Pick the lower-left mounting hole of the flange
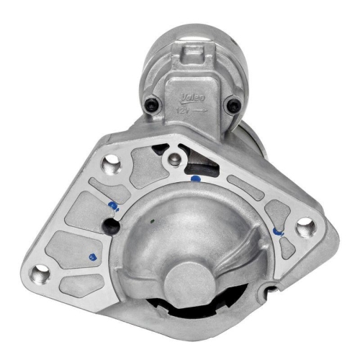tap(42, 273)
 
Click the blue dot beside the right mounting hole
tap(277, 232)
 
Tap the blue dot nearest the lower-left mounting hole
tap(92, 256)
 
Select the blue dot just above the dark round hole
tap(112, 207)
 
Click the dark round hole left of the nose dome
tap(113, 228)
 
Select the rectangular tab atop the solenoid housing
tap(193, 54)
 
